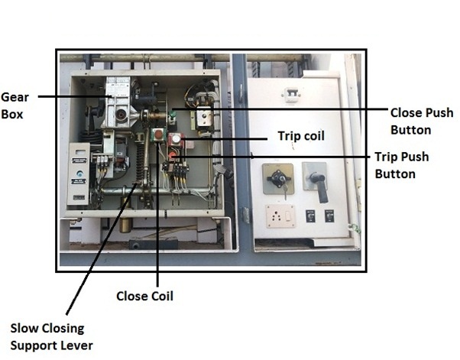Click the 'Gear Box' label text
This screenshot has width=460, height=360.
(13, 105)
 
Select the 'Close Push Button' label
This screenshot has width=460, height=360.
(421, 121)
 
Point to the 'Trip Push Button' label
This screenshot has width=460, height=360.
(401, 165)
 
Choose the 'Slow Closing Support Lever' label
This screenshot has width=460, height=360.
(51, 337)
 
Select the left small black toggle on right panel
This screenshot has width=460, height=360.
(311, 216)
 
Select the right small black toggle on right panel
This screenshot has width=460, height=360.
(329, 216)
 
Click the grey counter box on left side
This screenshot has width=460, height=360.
(79, 176)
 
